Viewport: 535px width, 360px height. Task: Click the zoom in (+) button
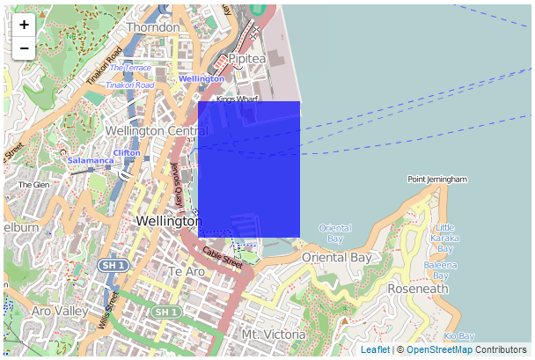pos(24,26)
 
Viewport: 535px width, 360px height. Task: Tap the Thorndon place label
pos(153,27)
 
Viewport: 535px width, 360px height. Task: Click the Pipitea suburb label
pos(247,58)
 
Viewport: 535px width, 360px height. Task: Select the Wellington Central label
pos(157,131)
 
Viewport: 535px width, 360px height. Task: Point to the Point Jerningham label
pos(436,179)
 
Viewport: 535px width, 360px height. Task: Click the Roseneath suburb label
pos(418,288)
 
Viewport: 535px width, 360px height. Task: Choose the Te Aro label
pos(187,271)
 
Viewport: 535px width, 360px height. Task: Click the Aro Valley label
pos(59,311)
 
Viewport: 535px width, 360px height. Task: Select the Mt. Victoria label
pos(273,334)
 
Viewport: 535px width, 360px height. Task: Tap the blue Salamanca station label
pos(91,161)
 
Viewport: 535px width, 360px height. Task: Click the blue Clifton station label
pos(127,152)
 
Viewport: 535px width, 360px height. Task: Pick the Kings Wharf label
pos(234,99)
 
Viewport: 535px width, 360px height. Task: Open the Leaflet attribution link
pos(375,350)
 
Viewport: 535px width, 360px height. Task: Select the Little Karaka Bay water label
pos(445,238)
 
